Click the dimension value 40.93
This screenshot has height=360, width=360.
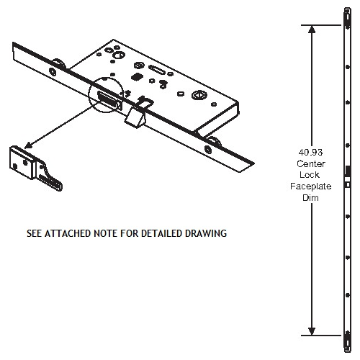311,153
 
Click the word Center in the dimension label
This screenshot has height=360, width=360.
311,163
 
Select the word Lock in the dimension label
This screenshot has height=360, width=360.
311,174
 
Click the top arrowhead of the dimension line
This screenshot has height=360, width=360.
311,30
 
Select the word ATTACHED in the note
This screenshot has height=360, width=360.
90,234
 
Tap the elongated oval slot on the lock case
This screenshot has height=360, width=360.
156,71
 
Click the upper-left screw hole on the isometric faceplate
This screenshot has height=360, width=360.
53,70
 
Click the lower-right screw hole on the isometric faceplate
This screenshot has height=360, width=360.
208,150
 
